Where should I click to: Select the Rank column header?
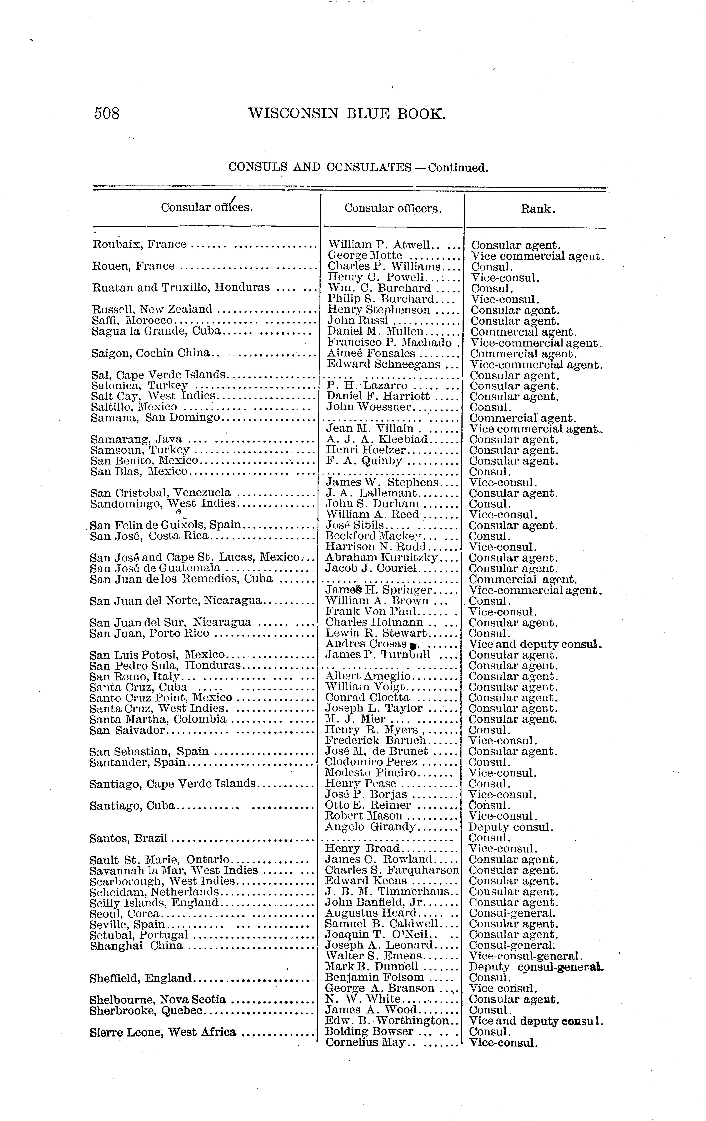pyautogui.click(x=538, y=209)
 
